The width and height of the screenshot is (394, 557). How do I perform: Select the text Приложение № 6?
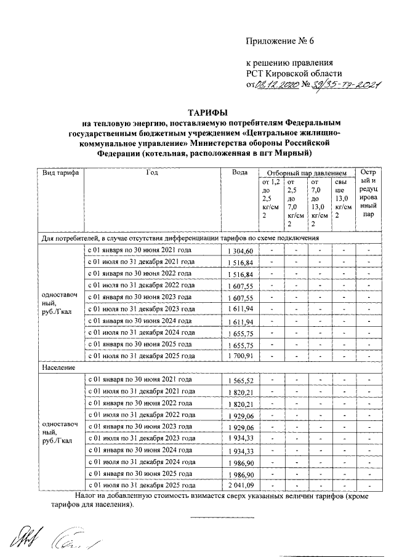pos(280,41)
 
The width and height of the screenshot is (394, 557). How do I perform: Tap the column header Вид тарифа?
pos(59,173)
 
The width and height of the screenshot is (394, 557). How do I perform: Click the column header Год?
pos(152,173)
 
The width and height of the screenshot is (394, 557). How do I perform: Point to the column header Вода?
pos(239,173)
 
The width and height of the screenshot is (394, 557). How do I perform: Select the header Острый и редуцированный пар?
pos(368,194)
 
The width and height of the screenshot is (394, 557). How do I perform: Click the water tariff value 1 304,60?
pos(239,251)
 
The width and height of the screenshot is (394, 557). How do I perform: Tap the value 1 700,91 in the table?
pos(239,356)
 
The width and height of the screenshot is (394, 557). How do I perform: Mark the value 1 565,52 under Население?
pos(239,380)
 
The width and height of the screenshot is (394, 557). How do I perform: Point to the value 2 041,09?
pos(239,485)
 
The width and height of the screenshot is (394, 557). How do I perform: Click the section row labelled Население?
pos(59,367)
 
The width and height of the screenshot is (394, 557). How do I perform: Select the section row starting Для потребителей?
pos(188,237)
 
